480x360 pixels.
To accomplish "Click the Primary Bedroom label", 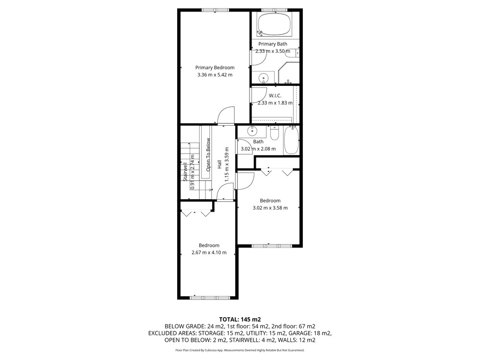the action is [215, 68].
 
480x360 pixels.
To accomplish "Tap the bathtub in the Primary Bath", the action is [274, 24].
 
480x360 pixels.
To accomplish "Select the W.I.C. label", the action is [275, 96].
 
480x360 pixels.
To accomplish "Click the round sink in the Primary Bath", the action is [263, 78].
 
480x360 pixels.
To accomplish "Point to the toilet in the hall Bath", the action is [275, 133].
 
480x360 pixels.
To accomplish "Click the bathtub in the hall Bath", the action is [291, 140].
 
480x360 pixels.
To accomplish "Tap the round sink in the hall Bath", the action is [252, 131].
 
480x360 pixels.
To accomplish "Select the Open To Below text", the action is [208, 155].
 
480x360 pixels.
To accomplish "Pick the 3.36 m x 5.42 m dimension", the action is [215, 75].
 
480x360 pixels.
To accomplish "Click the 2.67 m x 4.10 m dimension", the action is [209, 252].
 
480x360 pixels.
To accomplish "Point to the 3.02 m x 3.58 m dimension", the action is [270, 208].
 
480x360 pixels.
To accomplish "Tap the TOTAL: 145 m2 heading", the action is [240, 320].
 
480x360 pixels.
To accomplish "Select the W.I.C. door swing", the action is [259, 95].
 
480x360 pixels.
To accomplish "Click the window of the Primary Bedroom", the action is [215, 10].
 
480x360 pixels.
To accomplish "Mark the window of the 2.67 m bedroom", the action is [210, 298].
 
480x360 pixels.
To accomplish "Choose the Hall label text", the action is [219, 164].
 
